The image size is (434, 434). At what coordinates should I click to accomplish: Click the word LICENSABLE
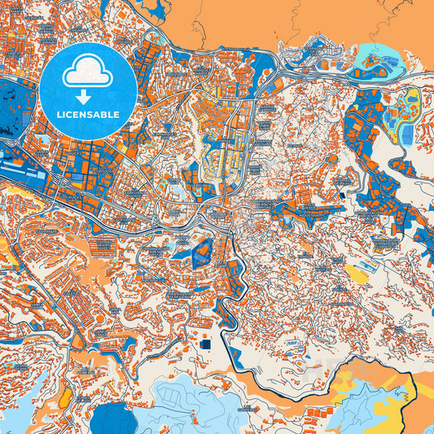pos(87,114)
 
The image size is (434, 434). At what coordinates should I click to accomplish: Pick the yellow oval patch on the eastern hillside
pos(357,272)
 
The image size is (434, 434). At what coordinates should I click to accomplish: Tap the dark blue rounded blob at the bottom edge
pos(115,419)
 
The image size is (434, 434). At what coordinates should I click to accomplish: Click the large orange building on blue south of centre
pos(200,249)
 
